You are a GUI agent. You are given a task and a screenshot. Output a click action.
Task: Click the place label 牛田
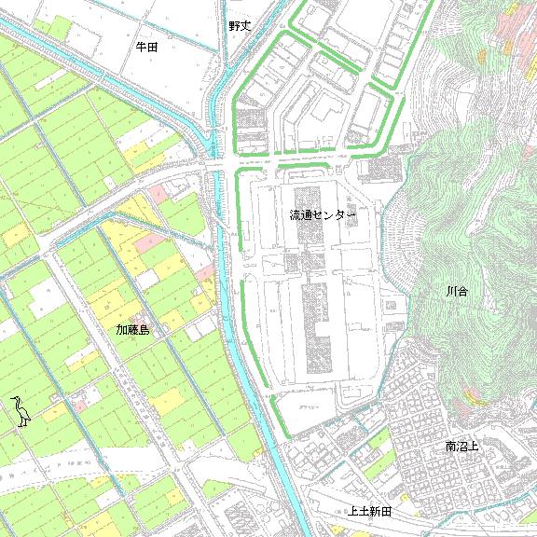pyautogui.click(x=146, y=46)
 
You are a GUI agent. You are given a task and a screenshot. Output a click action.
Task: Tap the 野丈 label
pyautogui.click(x=240, y=26)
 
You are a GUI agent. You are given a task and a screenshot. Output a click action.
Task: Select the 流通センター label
pyautogui.click(x=323, y=215)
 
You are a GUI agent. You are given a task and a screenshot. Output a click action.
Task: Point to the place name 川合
pyautogui.click(x=457, y=293)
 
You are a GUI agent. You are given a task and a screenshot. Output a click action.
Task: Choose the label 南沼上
pyautogui.click(x=462, y=447)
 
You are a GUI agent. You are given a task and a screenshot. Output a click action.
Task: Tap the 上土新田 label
pyautogui.click(x=370, y=512)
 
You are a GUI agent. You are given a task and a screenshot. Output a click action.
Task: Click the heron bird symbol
pyautogui.click(x=21, y=411)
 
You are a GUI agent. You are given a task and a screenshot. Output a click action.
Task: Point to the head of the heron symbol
pyautogui.click(x=16, y=399)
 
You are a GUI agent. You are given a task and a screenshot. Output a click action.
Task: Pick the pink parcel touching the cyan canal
pyautogui.click(x=205, y=271)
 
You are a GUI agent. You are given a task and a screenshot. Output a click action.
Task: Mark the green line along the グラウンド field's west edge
pyautogui.click(x=276, y=415)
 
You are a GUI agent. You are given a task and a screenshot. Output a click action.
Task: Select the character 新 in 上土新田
pyautogui.click(x=376, y=512)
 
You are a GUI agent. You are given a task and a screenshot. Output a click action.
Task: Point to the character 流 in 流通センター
pyautogui.click(x=295, y=215)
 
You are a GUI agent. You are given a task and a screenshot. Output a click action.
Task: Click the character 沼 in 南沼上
pyautogui.click(x=462, y=447)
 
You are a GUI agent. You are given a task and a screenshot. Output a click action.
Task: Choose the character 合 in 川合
pyautogui.click(x=462, y=293)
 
